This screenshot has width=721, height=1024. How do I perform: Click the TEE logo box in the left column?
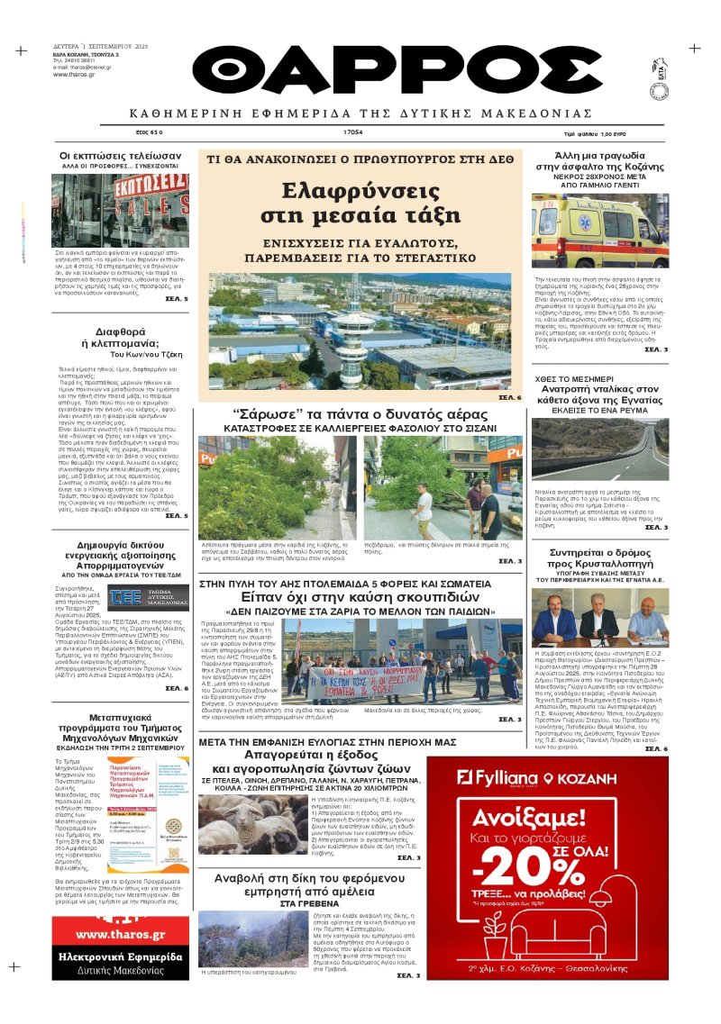point(148,597)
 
